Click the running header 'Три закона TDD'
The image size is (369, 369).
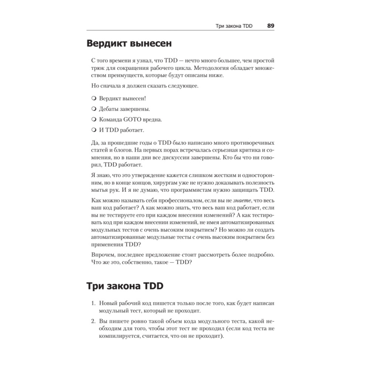click(x=234, y=26)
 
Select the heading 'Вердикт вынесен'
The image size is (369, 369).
click(x=129, y=44)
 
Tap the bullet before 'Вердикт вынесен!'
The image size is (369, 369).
click(x=93, y=99)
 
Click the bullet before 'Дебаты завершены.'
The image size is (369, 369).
click(x=93, y=109)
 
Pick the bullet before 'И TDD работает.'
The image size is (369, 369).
click(x=93, y=130)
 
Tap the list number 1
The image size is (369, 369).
click(x=93, y=303)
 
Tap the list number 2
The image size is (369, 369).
click(x=93, y=321)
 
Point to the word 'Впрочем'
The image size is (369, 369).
click(x=101, y=255)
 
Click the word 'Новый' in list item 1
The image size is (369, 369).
click(x=108, y=303)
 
